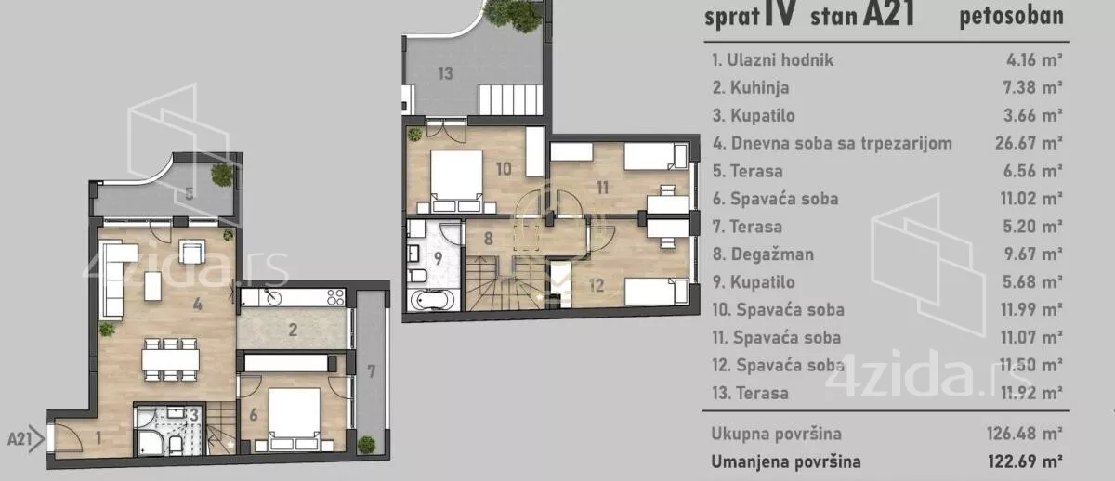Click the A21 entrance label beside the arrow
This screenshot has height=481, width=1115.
point(20,439)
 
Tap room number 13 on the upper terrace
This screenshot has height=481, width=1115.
point(445,73)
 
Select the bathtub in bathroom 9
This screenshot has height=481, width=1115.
point(432,300)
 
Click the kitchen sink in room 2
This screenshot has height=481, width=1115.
point(273,297)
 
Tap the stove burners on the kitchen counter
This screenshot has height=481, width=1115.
point(336,297)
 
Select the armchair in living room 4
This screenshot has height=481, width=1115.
point(191,252)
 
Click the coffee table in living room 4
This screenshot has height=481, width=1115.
point(152,286)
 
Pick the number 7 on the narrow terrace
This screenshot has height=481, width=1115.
point(372,371)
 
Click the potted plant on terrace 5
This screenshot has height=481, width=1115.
point(222,175)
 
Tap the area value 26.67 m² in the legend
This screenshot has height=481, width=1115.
point(1029,143)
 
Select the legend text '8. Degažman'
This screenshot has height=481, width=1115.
point(763,254)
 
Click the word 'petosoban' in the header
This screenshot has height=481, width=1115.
point(1012,16)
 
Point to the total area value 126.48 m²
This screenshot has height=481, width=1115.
point(1024,434)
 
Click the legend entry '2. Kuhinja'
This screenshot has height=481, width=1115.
point(751,87)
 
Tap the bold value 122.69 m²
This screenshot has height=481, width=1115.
point(1025,461)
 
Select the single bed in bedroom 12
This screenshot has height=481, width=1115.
point(657,292)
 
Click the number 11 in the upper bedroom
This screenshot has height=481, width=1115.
point(602,188)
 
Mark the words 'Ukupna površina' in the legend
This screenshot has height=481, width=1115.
point(777,434)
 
